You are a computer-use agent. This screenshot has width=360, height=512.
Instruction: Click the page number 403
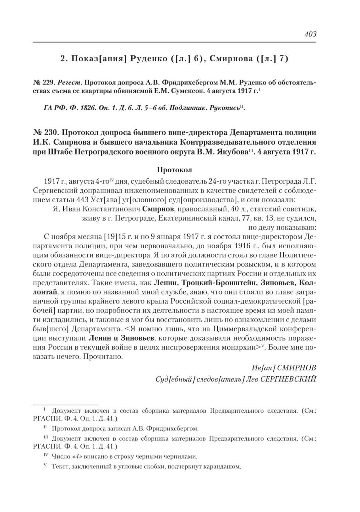(x=310, y=35)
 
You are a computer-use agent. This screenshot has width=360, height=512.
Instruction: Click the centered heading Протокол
(x=174, y=170)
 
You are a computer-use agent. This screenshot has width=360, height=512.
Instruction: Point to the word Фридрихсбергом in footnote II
(x=173, y=428)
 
